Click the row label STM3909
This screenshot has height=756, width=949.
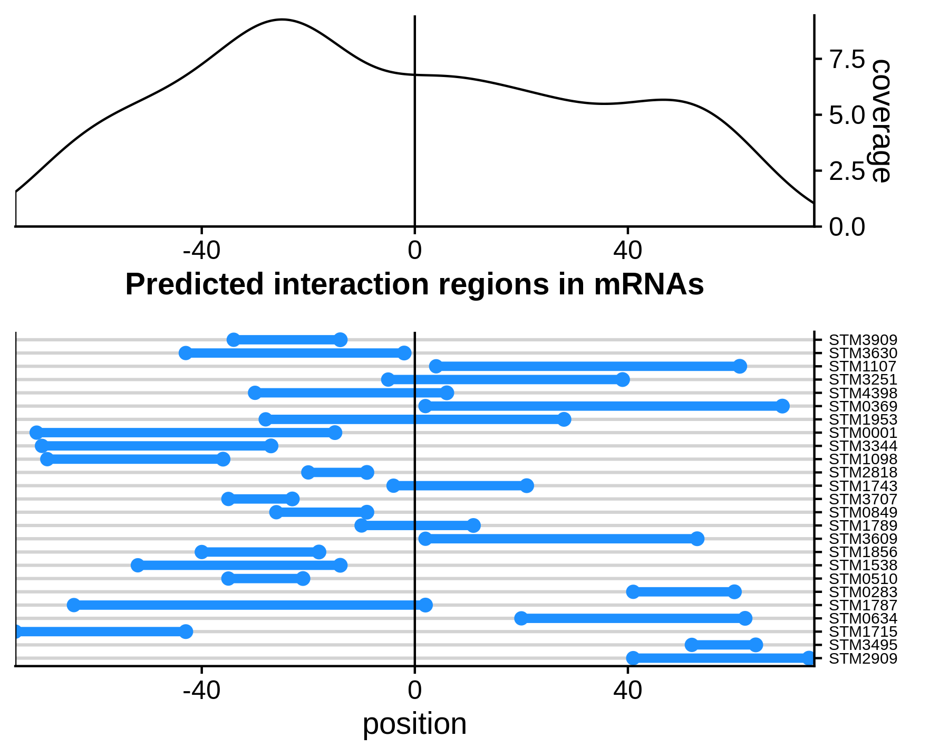click(863, 340)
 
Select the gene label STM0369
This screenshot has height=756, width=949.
click(863, 407)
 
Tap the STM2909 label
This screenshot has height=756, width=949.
click(863, 658)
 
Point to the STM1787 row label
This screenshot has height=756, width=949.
click(863, 606)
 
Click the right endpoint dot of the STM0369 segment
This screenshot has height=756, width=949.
click(782, 406)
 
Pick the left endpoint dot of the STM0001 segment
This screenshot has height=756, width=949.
click(36, 433)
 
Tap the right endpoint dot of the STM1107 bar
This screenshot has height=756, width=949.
click(740, 367)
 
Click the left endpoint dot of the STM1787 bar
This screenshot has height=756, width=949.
click(74, 605)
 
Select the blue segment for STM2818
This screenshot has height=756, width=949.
click(337, 473)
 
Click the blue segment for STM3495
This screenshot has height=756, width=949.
click(723, 645)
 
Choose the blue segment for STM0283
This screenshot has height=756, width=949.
click(684, 592)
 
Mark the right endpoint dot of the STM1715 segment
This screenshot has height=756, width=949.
click(186, 631)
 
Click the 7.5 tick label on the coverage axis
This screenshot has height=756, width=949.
click(847, 59)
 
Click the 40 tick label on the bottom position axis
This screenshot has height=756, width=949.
click(627, 691)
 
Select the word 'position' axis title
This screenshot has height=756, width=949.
click(414, 724)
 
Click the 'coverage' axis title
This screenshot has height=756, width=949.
click(880, 121)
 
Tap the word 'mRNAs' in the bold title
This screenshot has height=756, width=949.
click(648, 284)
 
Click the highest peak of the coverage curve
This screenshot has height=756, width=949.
click(282, 20)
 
